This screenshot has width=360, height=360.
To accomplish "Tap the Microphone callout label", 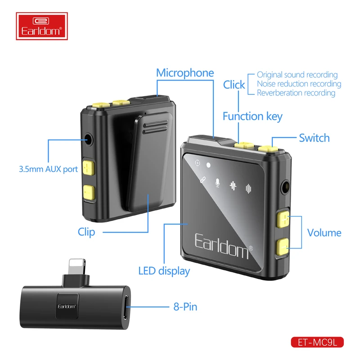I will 185,73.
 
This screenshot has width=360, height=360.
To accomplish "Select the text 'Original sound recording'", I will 297,75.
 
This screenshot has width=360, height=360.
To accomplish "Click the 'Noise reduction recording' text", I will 299,84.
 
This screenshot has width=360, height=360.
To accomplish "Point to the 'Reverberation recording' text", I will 296,93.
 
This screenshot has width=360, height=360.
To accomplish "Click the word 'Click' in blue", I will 234,85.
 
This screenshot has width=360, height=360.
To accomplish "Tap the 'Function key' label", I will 252,117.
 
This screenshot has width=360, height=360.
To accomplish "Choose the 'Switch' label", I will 314,138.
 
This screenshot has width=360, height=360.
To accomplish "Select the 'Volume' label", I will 324,233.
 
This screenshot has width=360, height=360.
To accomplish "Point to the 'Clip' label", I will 86,232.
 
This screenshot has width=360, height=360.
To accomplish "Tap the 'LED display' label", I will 164,271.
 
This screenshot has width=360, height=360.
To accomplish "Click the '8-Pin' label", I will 185,307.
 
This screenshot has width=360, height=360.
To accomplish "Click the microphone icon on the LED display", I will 217,183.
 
